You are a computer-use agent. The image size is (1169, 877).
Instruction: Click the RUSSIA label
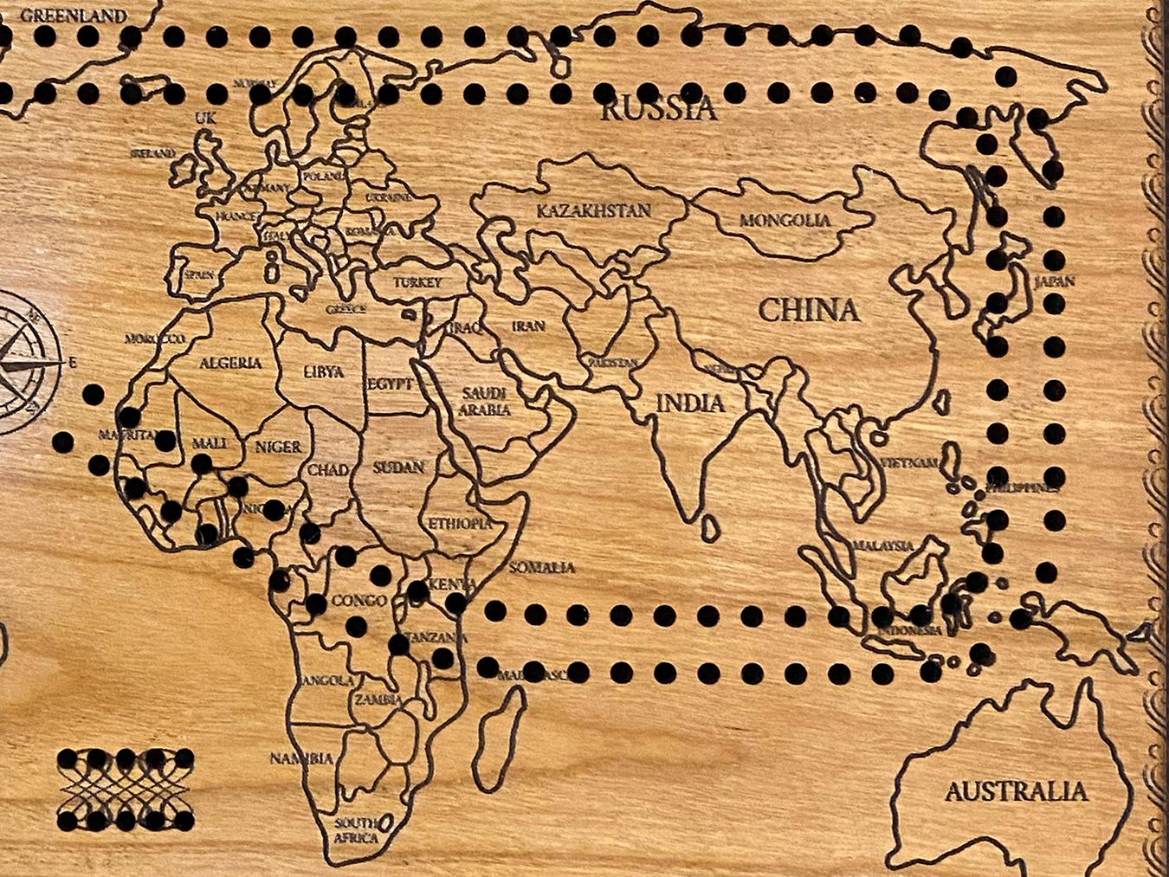pyautogui.click(x=659, y=109)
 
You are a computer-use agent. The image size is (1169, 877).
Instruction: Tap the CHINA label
pyautogui.click(x=809, y=310)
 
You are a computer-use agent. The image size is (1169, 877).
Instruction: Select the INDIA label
pyautogui.click(x=690, y=403)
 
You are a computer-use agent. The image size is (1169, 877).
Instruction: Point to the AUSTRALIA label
pyautogui.click(x=1016, y=790)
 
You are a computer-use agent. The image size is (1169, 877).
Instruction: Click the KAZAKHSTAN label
pyautogui.click(x=593, y=210)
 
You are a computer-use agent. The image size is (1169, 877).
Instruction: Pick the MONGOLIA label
pyautogui.click(x=785, y=220)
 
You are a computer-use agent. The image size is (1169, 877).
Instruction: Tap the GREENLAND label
pyautogui.click(x=74, y=15)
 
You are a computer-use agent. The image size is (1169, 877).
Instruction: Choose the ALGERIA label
pyautogui.click(x=230, y=363)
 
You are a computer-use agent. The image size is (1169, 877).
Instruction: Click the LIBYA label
pyautogui.click(x=324, y=372)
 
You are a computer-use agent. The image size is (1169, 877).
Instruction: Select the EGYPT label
pyautogui.click(x=390, y=384)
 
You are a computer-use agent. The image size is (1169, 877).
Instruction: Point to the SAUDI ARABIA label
pyautogui.click(x=484, y=402)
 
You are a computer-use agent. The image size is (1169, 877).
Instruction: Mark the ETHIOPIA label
pyautogui.click(x=461, y=524)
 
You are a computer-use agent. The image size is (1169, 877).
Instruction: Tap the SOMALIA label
pyautogui.click(x=541, y=568)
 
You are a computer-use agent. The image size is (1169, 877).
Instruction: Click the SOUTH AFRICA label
pyautogui.click(x=357, y=829)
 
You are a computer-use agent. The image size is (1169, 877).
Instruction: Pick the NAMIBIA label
pyautogui.click(x=301, y=758)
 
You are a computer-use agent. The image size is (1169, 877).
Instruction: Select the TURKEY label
pyautogui.click(x=417, y=282)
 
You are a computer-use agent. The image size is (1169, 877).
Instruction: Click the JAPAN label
pyautogui.click(x=1054, y=281)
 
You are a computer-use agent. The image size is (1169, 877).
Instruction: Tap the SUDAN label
pyautogui.click(x=398, y=468)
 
